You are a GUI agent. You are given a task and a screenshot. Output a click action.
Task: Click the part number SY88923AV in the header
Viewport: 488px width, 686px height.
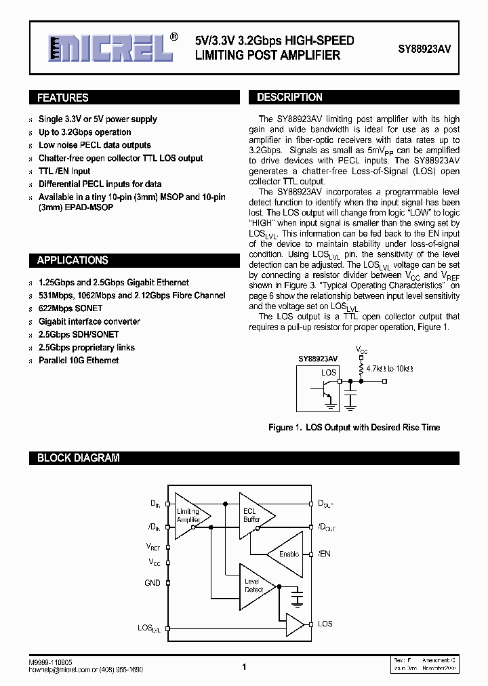click(x=424, y=49)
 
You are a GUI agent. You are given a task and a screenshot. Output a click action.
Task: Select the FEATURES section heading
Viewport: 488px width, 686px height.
click(x=62, y=98)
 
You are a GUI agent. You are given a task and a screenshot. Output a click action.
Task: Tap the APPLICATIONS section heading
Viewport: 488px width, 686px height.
click(x=72, y=260)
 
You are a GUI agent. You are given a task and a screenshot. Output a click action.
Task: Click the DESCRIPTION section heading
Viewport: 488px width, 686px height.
click(x=289, y=97)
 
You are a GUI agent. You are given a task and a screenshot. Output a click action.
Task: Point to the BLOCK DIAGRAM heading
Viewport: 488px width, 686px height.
click(x=78, y=458)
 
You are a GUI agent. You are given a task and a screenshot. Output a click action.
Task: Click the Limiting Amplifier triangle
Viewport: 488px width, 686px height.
click(x=190, y=515)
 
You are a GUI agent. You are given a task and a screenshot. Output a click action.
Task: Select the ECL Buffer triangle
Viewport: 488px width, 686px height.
click(x=254, y=515)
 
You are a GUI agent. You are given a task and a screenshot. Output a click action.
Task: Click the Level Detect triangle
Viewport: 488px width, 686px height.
click(x=255, y=586)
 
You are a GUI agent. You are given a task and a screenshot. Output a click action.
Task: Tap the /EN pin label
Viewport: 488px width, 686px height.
click(x=324, y=554)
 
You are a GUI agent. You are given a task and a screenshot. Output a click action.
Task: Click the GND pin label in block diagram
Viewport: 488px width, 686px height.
click(x=152, y=583)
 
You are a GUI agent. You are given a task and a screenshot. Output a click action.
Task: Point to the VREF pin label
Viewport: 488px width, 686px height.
click(x=153, y=546)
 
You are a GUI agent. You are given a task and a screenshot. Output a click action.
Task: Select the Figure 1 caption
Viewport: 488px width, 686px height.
click(x=354, y=427)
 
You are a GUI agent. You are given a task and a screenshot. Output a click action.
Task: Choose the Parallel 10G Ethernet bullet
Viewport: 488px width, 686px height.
click(x=79, y=360)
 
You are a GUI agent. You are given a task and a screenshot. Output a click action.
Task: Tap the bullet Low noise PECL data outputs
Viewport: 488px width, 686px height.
click(x=94, y=145)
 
